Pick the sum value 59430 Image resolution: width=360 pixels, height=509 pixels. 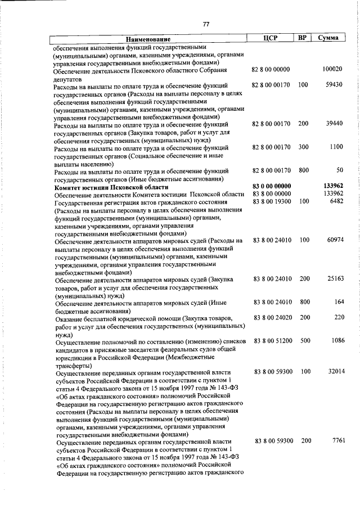click(x=334, y=85)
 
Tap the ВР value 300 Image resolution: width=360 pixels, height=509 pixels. click(x=304, y=147)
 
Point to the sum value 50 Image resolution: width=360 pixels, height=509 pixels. click(x=339, y=170)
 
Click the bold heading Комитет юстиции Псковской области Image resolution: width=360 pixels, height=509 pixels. click(x=111, y=186)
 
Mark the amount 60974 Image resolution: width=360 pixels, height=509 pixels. click(x=334, y=240)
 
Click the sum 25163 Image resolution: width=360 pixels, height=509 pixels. click(x=334, y=279)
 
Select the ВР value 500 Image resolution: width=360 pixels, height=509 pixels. click(x=304, y=341)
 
